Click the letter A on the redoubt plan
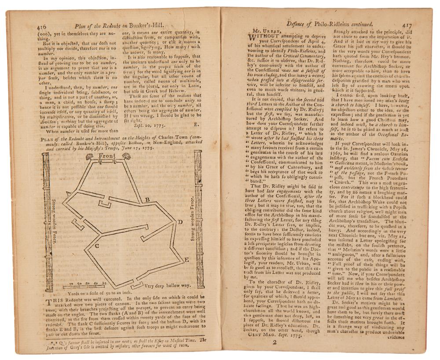pos(68,193)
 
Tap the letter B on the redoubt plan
pos(148,200)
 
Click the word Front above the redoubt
pos(107,156)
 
